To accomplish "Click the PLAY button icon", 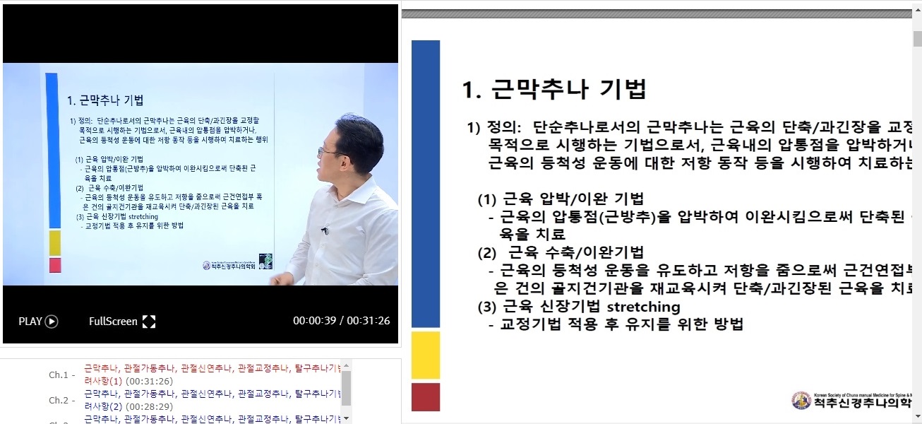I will [52, 322].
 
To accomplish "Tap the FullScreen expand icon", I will [149, 322].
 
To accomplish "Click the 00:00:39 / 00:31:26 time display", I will [341, 321].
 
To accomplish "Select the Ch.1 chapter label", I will [60, 375].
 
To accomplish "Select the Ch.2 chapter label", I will [60, 401].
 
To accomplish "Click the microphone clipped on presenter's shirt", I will [325, 230].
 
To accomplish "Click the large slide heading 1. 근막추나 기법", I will [553, 89].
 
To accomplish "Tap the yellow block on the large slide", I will [425, 355].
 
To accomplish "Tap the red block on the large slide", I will [425, 396].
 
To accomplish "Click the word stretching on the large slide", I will [643, 307].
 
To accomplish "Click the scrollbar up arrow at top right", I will [916, 15].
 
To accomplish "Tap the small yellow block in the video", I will [54, 242].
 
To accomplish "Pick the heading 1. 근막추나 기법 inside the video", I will [109, 100].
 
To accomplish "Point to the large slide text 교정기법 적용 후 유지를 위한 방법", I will [621, 324].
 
